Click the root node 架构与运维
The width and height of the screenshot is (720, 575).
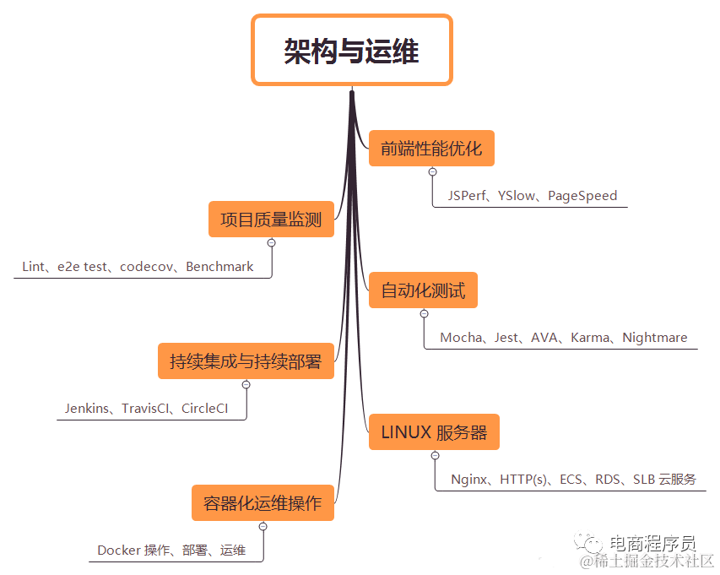351,51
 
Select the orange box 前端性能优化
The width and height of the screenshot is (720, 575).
430,149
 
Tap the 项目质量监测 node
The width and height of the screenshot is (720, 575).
271,220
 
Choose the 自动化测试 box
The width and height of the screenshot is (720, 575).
423,290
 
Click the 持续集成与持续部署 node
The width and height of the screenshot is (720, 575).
246,361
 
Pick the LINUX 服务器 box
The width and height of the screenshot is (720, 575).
434,432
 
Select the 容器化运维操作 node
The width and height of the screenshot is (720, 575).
263,503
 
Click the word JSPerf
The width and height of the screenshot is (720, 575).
467,196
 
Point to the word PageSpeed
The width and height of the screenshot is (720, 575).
582,196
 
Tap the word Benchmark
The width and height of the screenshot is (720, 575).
219,267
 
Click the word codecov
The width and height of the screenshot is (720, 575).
147,267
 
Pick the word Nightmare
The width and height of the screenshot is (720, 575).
654,338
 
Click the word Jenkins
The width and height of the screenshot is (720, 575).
88,409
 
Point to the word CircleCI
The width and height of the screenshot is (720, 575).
204,409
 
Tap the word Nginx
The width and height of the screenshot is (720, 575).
469,480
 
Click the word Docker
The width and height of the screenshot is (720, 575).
118,551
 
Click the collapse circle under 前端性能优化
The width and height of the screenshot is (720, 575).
432,172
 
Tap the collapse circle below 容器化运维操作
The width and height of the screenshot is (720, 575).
263,526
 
